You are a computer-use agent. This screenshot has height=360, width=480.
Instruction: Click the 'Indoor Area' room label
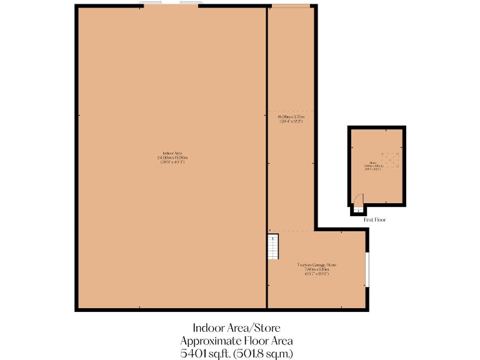172,153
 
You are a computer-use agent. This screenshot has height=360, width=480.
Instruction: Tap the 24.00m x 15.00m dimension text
172,157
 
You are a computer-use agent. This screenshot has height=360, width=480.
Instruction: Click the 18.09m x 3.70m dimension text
291,117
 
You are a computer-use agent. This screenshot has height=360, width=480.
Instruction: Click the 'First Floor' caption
374,220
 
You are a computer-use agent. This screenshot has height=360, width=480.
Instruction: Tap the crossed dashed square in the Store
391,161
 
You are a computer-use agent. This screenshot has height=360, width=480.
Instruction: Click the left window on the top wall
152,5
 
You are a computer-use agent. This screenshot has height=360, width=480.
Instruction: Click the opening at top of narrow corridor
291,6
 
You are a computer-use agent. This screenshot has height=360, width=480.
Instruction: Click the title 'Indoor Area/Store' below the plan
236,327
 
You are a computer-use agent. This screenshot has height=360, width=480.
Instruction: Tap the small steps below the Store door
357,210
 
